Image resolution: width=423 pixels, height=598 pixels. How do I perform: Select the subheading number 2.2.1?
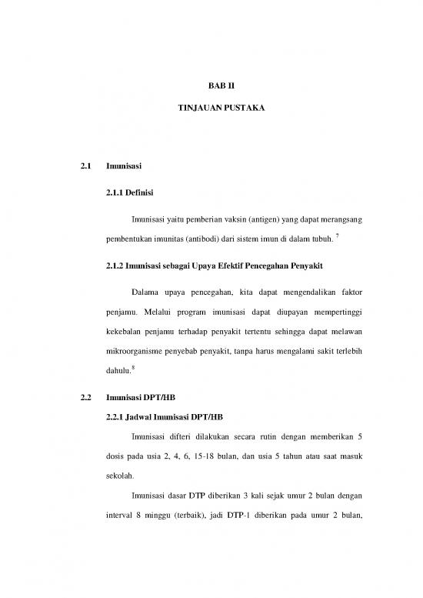tap(117, 418)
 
